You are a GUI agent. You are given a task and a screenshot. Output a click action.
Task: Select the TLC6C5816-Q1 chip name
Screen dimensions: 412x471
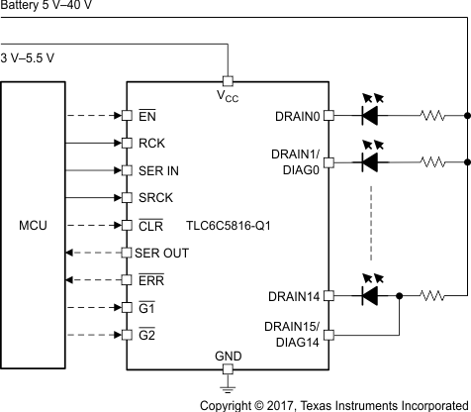(x=229, y=226)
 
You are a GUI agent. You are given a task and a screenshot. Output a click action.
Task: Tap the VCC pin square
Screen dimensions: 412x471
(x=228, y=79)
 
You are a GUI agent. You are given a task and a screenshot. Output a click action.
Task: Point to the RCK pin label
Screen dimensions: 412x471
(x=151, y=143)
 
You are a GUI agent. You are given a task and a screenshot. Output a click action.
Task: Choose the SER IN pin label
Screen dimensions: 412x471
(x=159, y=170)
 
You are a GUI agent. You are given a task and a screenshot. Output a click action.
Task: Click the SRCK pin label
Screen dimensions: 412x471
(x=155, y=198)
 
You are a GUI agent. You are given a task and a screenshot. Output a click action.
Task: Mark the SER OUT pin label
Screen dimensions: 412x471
(x=162, y=254)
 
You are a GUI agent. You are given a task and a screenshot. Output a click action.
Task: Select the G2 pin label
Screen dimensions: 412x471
(x=147, y=336)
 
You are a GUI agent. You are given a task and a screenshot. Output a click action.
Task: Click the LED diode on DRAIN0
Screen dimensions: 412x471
(x=370, y=115)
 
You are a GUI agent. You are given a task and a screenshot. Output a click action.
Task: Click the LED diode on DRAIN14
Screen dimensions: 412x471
(x=370, y=295)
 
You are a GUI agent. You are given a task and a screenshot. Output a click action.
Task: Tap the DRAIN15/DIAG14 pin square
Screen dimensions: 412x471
(x=329, y=335)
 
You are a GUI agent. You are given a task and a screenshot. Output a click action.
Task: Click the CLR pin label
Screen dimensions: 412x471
(x=151, y=226)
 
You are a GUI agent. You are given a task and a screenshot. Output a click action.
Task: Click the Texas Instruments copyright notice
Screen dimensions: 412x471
(x=334, y=404)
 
